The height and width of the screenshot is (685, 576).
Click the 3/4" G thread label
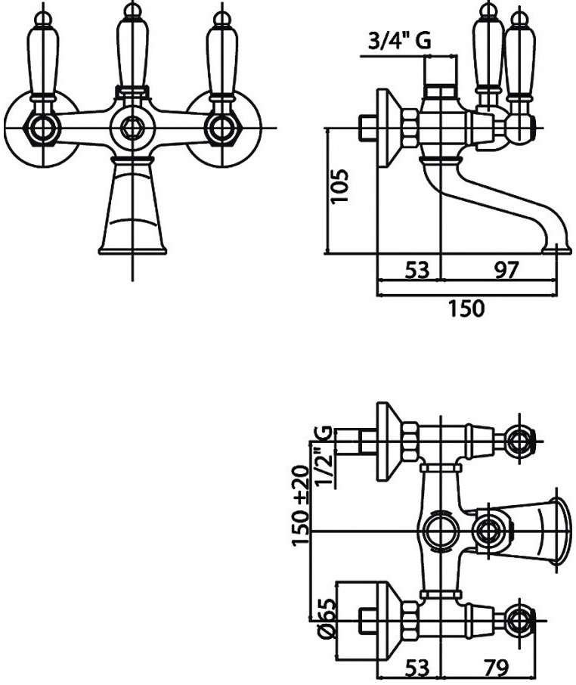click(400, 41)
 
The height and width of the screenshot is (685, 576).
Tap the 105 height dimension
click(339, 186)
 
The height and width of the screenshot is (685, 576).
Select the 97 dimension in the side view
click(506, 270)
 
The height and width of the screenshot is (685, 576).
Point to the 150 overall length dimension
click(466, 308)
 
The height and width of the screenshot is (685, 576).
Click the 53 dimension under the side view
click(417, 270)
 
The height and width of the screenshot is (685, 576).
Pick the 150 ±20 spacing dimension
click(301, 506)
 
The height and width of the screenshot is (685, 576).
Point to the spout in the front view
click(132, 206)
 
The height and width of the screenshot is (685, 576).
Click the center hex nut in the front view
click(132, 128)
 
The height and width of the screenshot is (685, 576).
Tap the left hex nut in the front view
click(42, 129)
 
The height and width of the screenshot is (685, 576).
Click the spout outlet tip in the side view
click(556, 250)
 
